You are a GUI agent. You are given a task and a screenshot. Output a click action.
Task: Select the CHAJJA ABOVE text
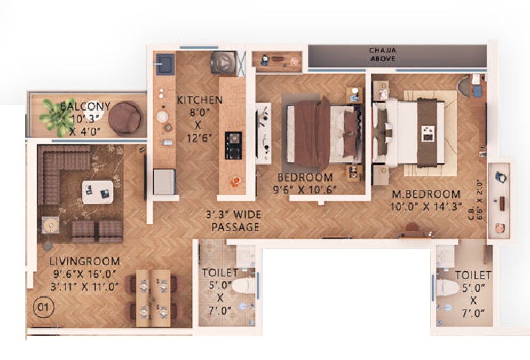click(382, 55)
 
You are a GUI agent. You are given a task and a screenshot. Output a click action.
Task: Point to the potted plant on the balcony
click(56, 116)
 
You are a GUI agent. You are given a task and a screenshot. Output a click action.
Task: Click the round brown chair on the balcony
click(127, 117)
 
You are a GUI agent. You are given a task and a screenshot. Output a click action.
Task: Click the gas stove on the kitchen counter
click(233, 145)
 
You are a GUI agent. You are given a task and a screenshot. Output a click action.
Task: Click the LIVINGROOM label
click(84, 262)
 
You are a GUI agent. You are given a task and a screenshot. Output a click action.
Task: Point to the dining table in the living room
click(153, 298)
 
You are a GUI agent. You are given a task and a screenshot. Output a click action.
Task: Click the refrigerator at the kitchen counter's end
click(164, 181)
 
